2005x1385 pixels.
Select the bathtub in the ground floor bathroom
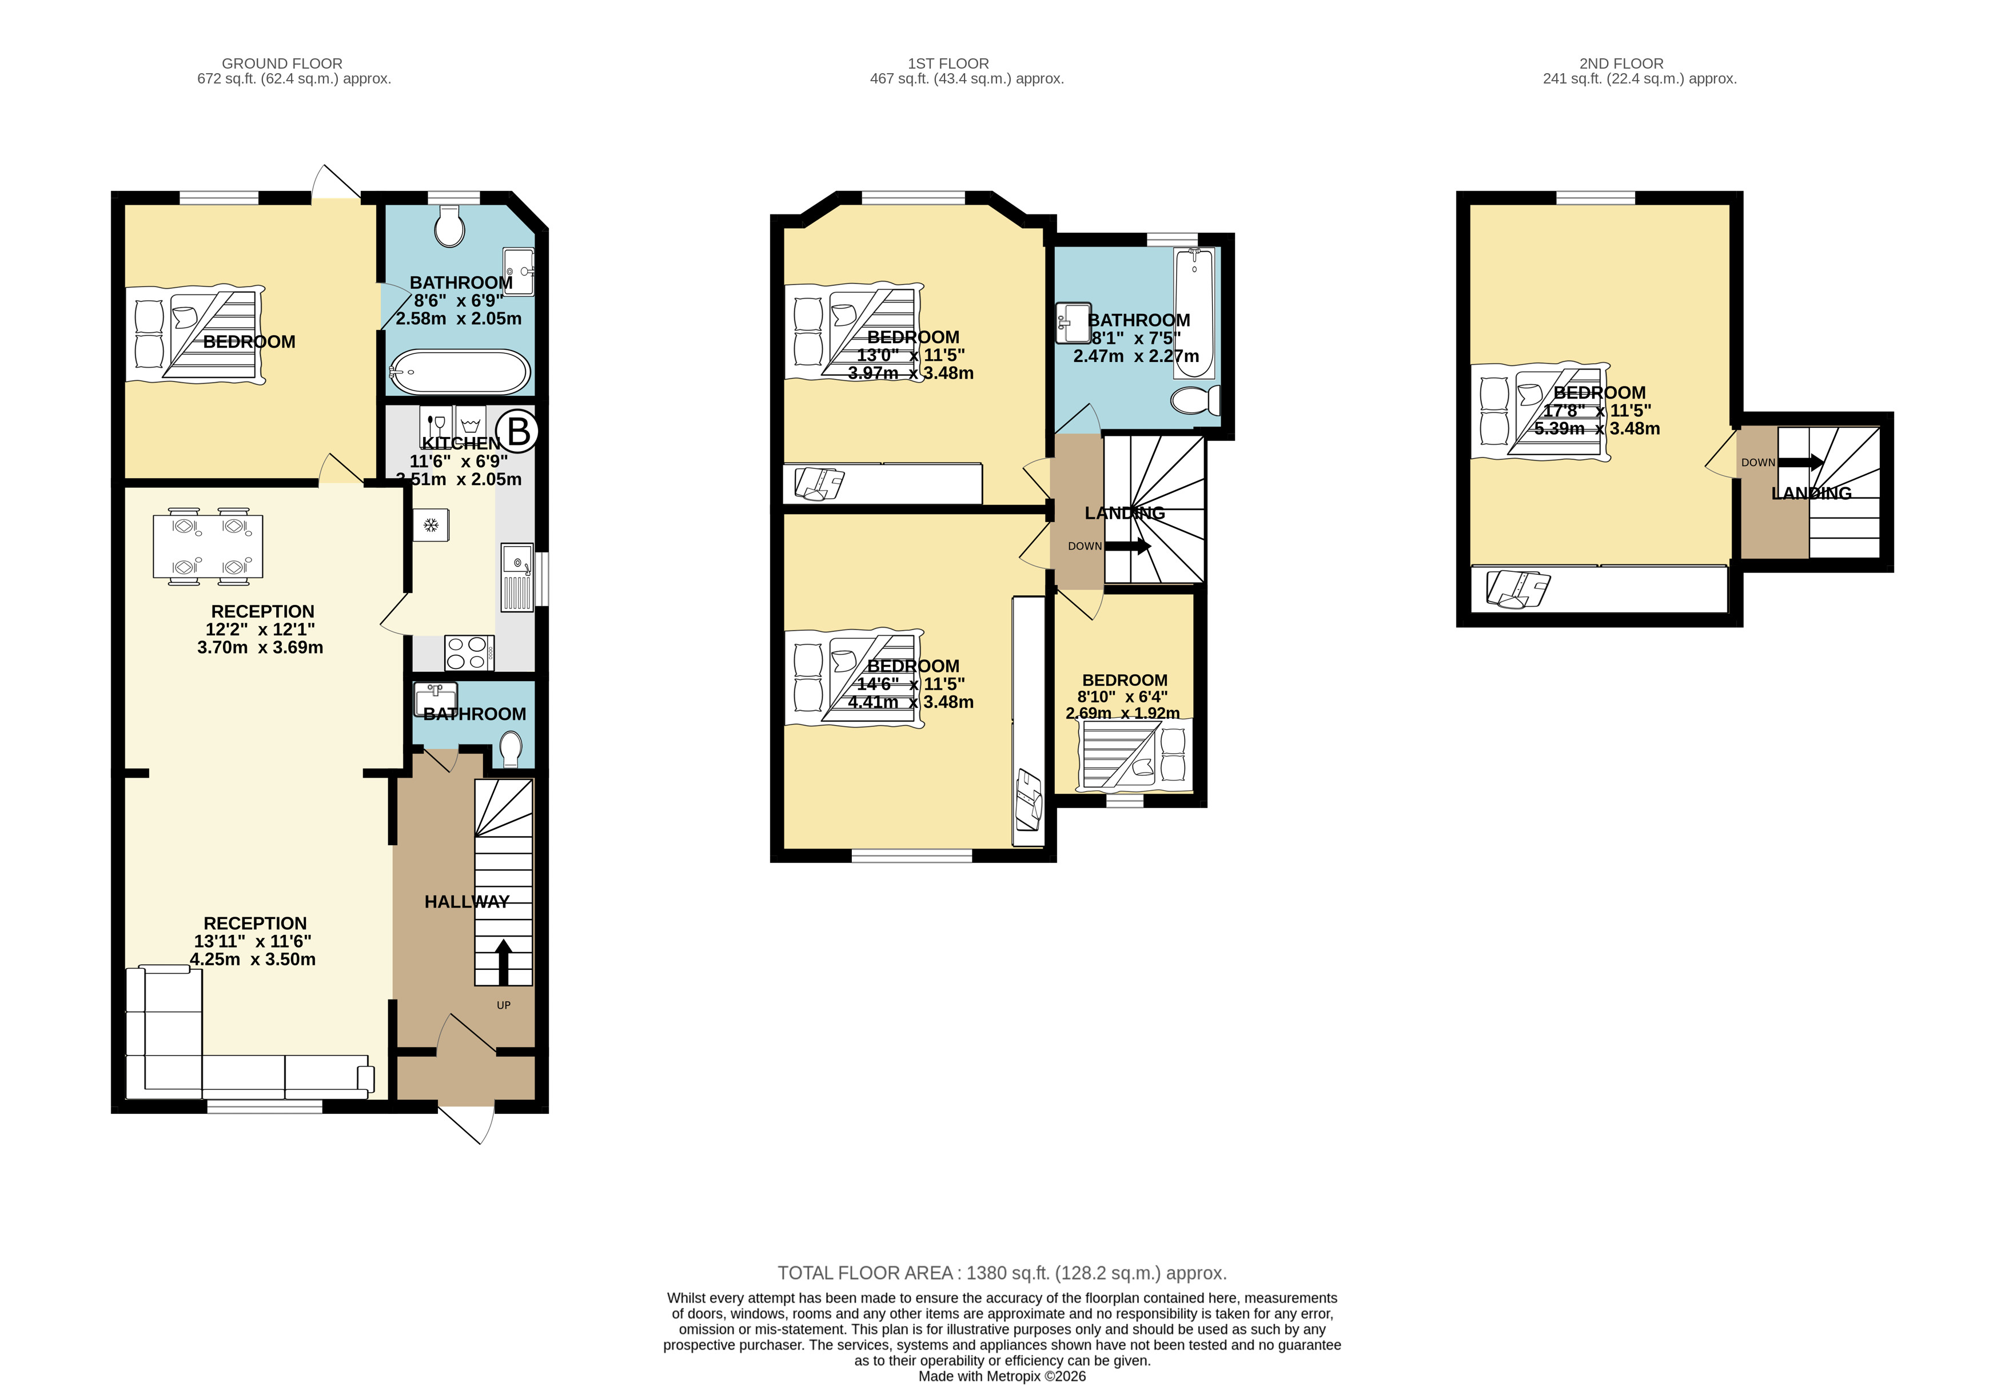[x=460, y=372]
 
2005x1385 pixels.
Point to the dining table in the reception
[x=208, y=547]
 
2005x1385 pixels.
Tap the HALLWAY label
[x=467, y=902]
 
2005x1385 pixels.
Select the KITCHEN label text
[x=461, y=443]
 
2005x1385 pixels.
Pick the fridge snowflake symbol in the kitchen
[x=431, y=525]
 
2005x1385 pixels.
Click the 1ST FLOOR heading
[x=948, y=63]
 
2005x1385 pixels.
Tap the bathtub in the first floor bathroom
[x=1195, y=313]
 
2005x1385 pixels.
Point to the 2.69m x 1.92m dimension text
[x=1123, y=713]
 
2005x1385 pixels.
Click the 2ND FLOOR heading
[x=1621, y=63]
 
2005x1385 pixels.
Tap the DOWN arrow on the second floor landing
[x=1800, y=463]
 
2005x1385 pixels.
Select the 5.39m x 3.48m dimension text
[x=1597, y=429]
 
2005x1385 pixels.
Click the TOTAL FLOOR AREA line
[x=1002, y=1273]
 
